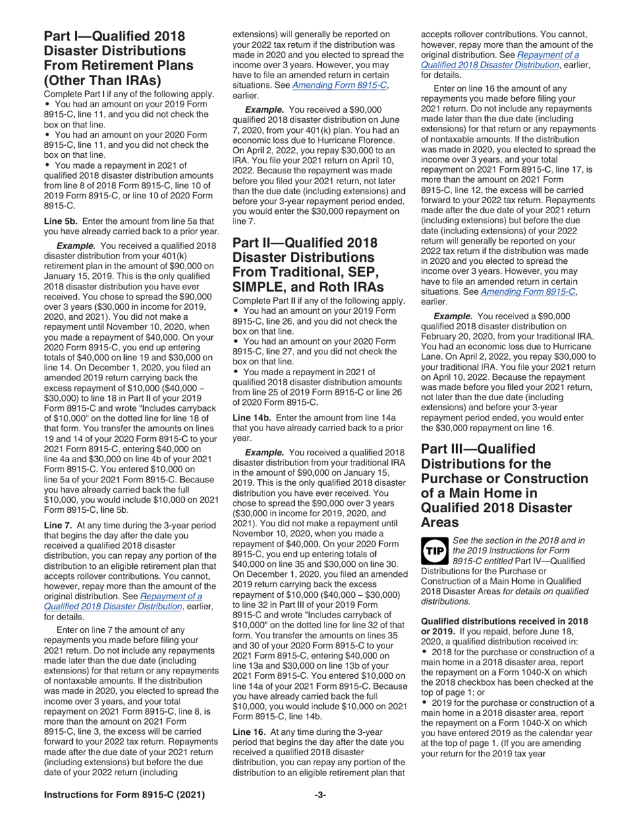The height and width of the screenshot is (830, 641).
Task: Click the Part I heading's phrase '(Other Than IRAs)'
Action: tap(110, 80)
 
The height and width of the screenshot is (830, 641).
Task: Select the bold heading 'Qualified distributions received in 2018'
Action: tap(503, 621)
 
